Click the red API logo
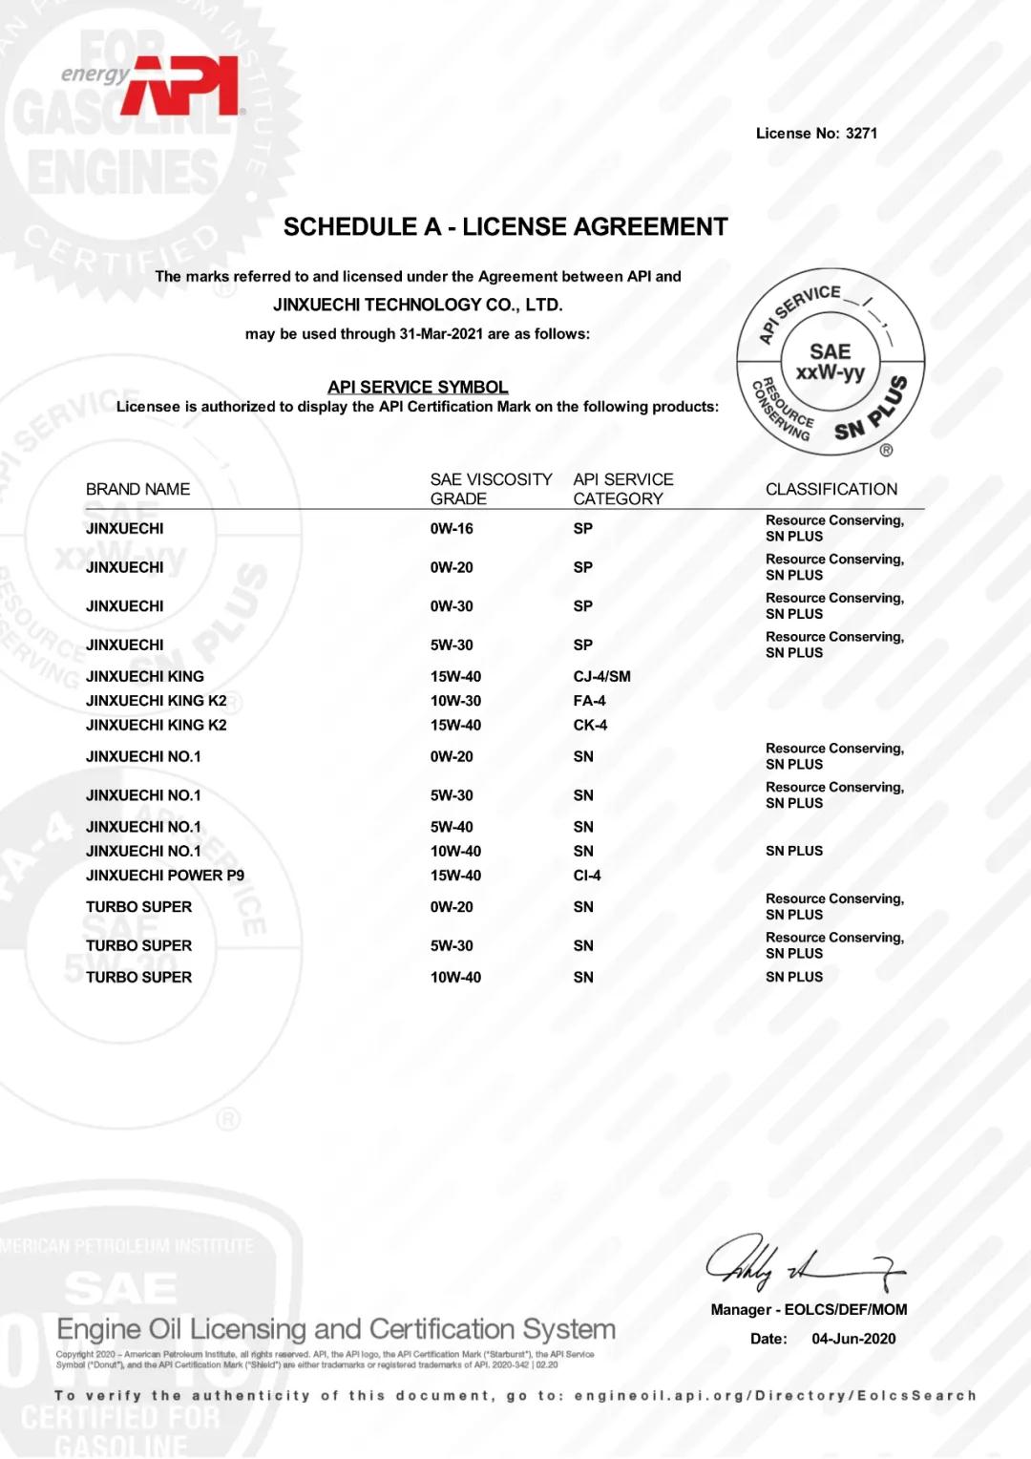181,88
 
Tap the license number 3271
861,134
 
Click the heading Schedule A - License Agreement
505,227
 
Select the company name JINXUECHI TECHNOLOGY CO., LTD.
418,305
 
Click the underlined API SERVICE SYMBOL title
417,387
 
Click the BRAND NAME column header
137,489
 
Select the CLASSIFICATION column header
831,489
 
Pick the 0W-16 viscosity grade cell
452,529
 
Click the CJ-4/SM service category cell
601,677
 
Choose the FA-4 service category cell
589,701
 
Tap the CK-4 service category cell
590,726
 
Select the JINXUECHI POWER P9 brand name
165,876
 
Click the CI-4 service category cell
587,876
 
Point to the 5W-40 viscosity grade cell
452,827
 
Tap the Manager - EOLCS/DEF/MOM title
809,1310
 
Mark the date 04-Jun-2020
853,1339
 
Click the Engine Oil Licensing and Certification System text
336,1329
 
